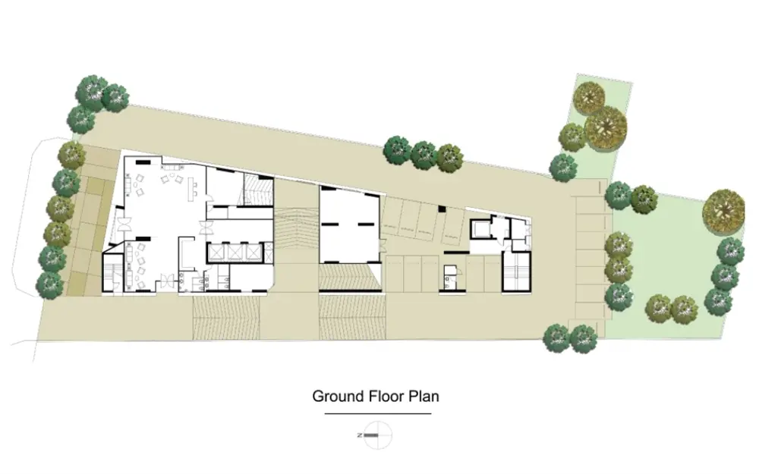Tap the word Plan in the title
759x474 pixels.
pos(424,396)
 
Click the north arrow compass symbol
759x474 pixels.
pos(377,435)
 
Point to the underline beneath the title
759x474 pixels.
pos(377,413)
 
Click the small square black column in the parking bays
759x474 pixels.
pos(442,209)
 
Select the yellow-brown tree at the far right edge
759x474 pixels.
pos(723,211)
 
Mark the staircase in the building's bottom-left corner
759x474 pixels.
pos(113,273)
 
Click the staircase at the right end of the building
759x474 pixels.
pos(516,272)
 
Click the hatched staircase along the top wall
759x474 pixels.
pos(257,190)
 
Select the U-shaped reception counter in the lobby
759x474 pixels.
pos(187,251)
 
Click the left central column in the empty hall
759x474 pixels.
pos(332,224)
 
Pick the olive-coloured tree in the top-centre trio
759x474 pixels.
pos(449,159)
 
